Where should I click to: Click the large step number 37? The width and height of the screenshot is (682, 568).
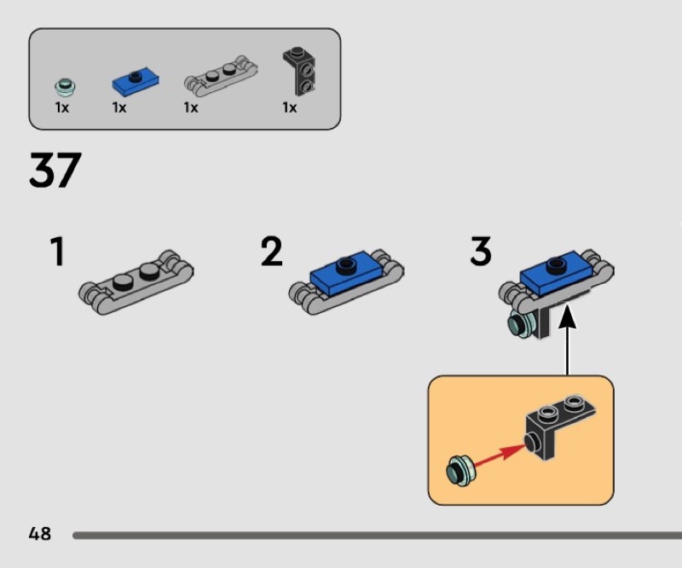(x=55, y=171)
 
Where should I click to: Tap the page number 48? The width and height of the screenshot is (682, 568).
(x=39, y=534)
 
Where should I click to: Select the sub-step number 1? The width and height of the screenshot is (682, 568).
(x=57, y=252)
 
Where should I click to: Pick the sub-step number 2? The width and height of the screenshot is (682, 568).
(x=271, y=252)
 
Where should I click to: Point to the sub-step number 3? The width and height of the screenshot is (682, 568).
(x=481, y=252)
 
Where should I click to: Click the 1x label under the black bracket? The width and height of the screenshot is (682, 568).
(x=290, y=108)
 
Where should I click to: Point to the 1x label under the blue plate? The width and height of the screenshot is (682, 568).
(x=118, y=108)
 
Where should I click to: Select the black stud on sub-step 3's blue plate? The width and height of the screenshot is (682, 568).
(x=555, y=264)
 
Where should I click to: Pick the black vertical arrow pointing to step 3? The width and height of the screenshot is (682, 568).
(x=568, y=341)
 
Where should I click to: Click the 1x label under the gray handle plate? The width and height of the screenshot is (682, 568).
(x=190, y=108)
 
